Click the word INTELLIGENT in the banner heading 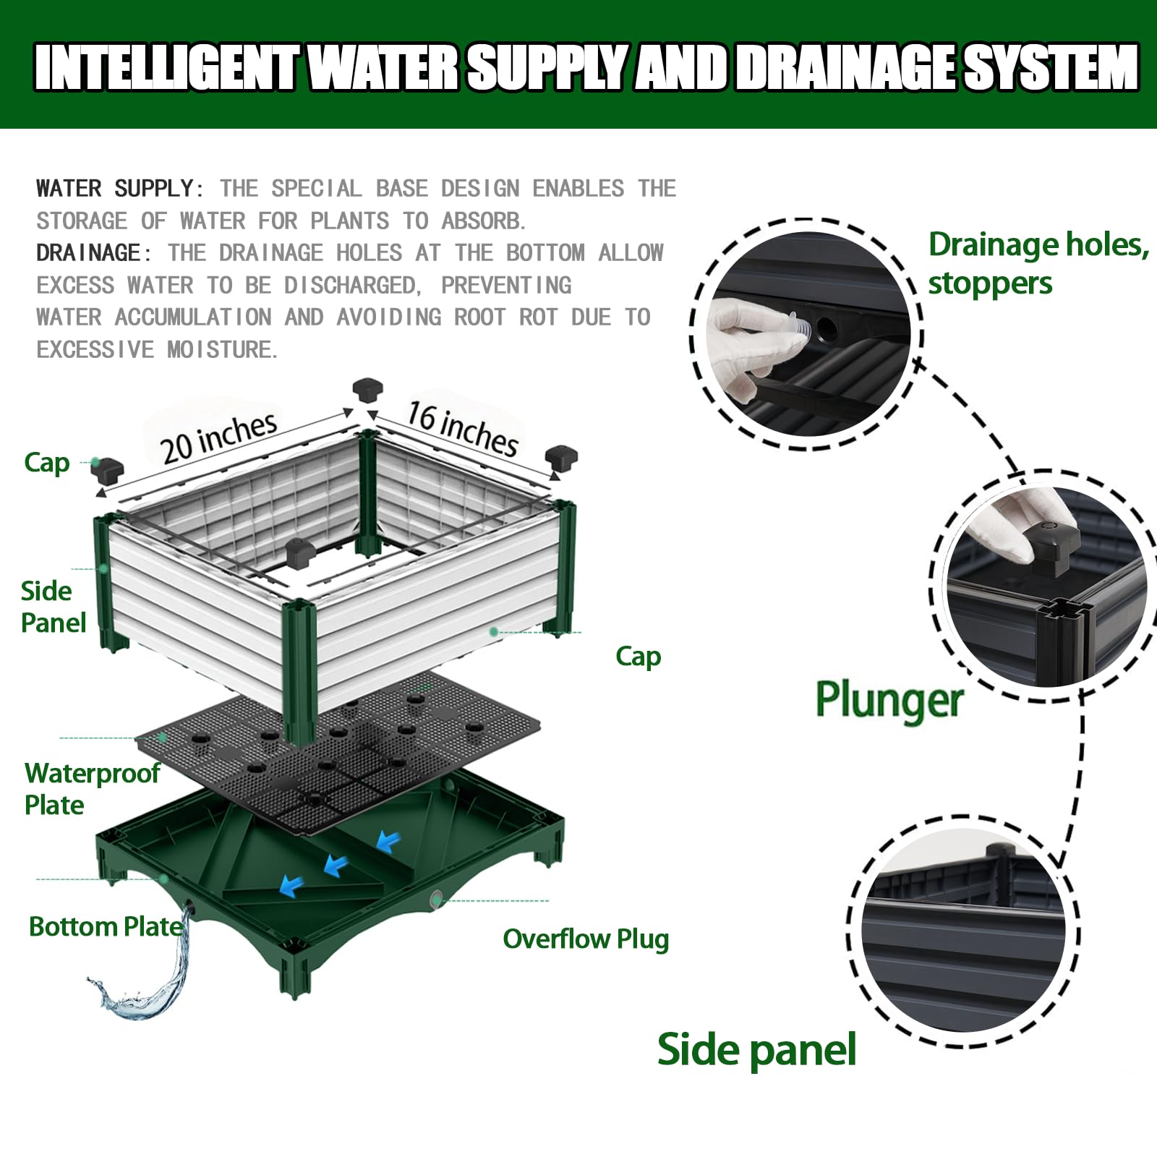tap(166, 67)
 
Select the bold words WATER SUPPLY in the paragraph tap(115, 189)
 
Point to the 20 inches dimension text tap(219, 438)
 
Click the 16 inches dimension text tap(462, 429)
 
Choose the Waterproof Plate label tap(92, 789)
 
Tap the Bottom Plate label tap(106, 926)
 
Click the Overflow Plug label tap(586, 939)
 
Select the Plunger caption tap(889, 700)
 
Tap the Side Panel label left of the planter tap(53, 607)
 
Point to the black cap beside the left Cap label tap(108, 470)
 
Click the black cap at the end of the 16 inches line tap(561, 458)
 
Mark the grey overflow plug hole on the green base tap(435, 900)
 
